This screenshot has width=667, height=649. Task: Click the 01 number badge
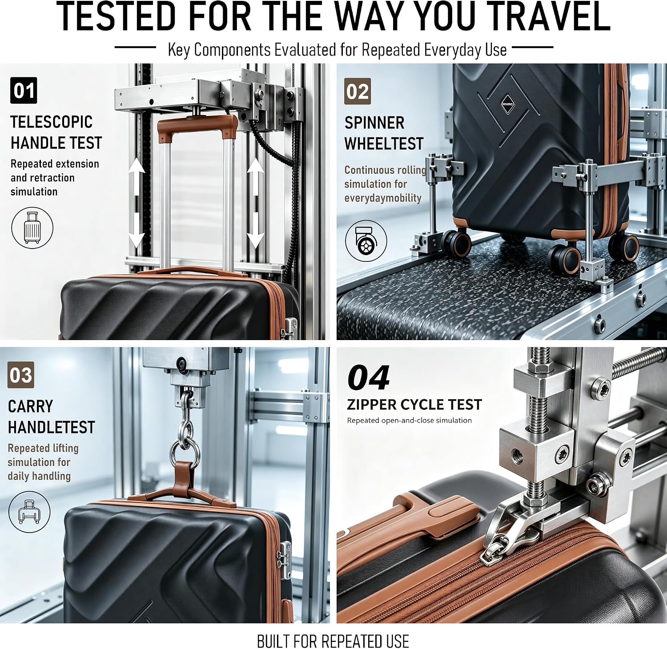coord(24,91)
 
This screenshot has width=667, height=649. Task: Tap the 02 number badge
coord(358,92)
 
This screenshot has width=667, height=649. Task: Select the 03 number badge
coord(21,375)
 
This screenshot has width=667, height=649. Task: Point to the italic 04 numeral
coord(369,378)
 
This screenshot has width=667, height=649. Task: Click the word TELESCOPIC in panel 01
coord(52,122)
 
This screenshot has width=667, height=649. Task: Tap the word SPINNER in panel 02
coord(374,123)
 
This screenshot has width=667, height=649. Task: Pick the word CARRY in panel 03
coord(30,406)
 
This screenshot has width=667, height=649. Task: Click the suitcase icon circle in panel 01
coord(32,228)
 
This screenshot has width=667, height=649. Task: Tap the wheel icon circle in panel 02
coord(366,241)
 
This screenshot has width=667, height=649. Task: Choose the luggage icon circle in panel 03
coord(29,512)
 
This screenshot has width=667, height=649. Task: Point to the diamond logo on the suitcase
coord(507,104)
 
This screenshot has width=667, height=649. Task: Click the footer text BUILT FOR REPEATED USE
coord(333,641)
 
